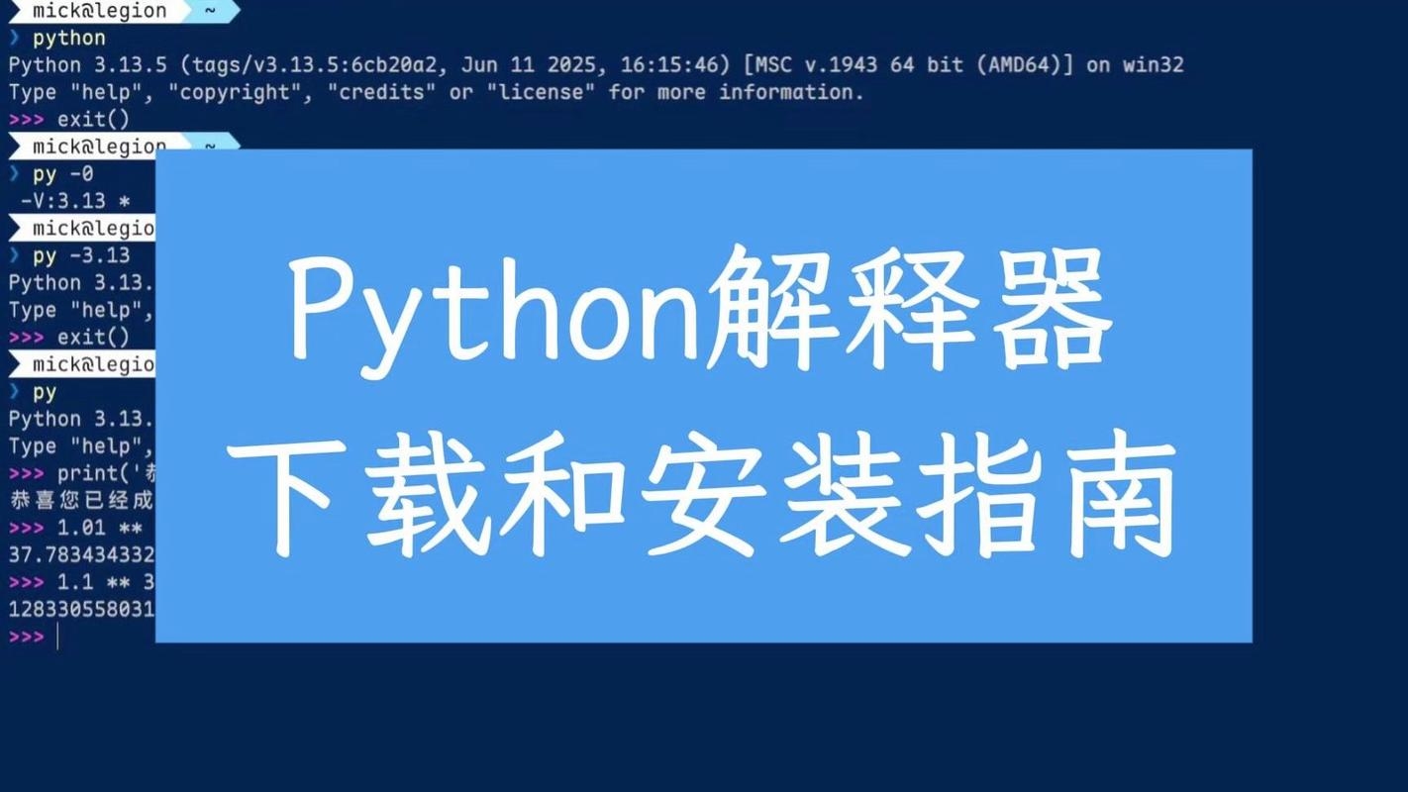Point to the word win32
coord(1154,65)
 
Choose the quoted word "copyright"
coord(239,92)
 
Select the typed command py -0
coord(63,174)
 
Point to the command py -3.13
coord(81,255)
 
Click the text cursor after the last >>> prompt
coord(57,637)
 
